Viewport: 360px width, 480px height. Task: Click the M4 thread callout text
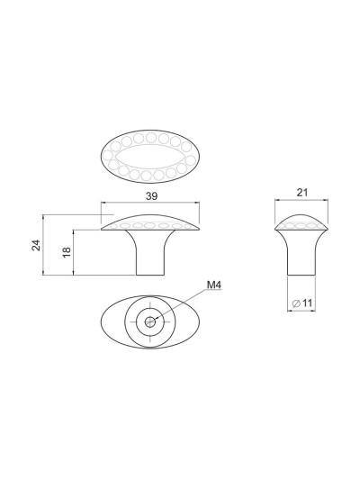click(214, 286)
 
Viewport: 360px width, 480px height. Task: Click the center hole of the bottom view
click(150, 318)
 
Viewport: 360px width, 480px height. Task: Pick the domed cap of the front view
click(149, 221)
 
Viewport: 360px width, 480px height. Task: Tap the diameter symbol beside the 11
click(296, 304)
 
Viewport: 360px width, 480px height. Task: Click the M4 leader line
click(184, 303)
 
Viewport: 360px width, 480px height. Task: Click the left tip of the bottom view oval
click(100, 319)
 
